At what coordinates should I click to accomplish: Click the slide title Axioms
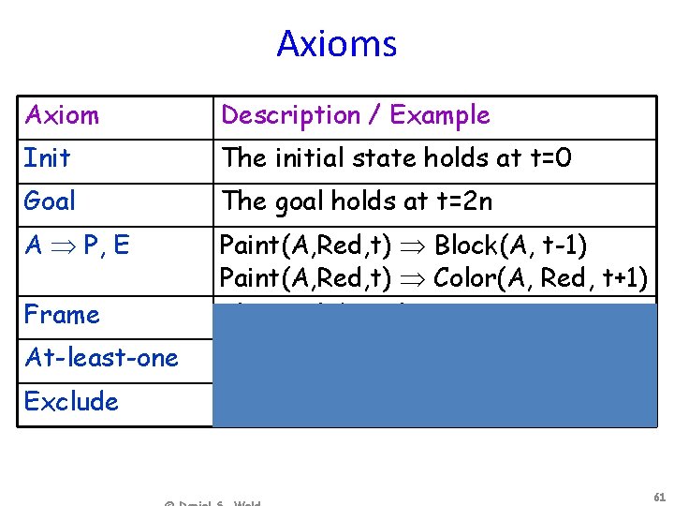(x=336, y=44)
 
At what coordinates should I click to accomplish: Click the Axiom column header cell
(x=62, y=115)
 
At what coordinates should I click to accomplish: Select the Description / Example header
(x=355, y=115)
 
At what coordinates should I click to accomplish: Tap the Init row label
(x=47, y=158)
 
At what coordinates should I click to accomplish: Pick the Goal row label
(x=51, y=201)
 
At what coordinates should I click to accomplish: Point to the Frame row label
(x=62, y=314)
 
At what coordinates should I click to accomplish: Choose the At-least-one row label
(x=101, y=357)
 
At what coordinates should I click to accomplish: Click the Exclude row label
(x=71, y=401)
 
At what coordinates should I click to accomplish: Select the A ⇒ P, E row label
(x=77, y=246)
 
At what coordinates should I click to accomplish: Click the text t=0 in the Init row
(x=549, y=158)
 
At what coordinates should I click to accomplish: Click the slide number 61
(x=658, y=496)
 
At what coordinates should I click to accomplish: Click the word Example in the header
(x=440, y=115)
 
